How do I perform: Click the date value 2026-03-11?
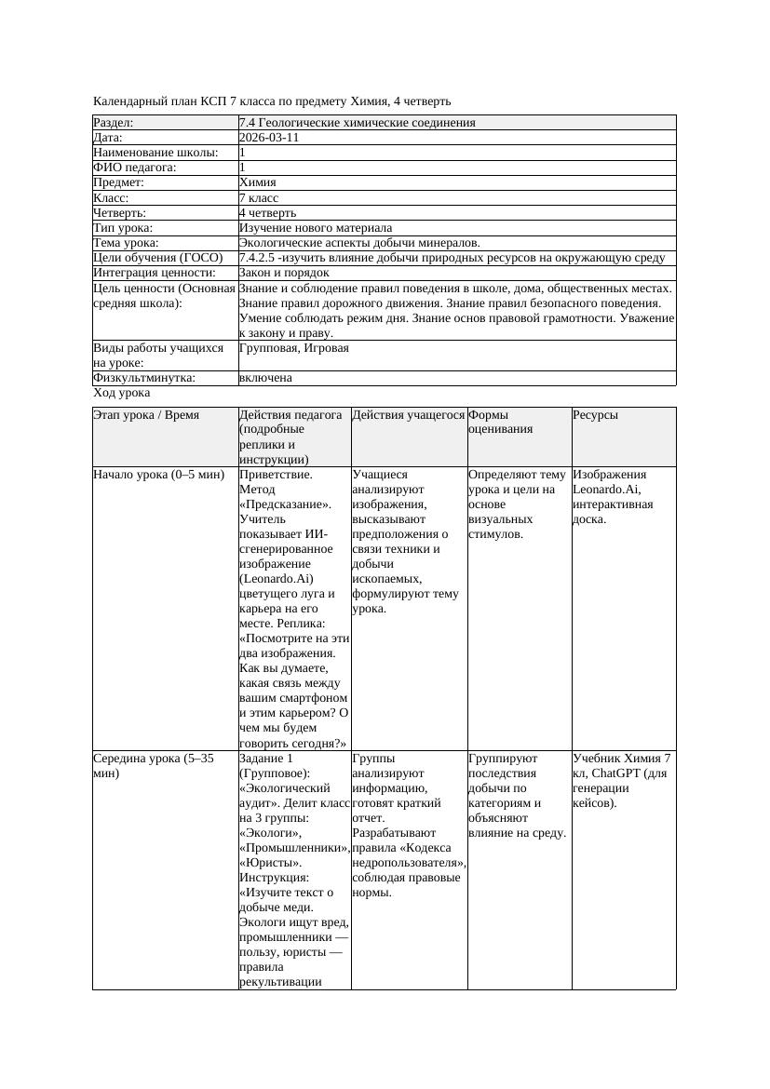click(x=269, y=138)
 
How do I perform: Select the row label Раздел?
click(x=114, y=123)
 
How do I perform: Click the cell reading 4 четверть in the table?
click(x=268, y=213)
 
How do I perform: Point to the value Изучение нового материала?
click(x=316, y=228)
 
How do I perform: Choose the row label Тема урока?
click(x=128, y=243)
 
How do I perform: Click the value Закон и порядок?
click(x=284, y=273)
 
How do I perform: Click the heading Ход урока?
click(x=122, y=393)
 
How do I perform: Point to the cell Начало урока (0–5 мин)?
click(x=159, y=475)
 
